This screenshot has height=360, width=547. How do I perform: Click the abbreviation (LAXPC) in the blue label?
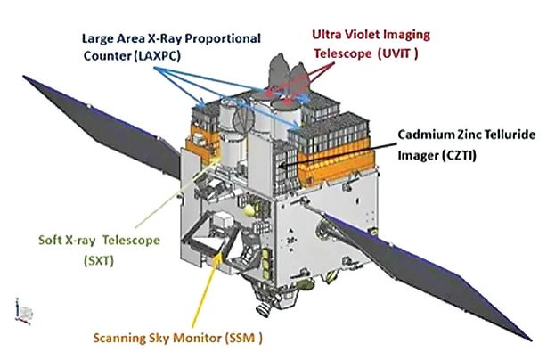point(157,56)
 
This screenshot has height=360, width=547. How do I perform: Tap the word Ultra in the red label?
point(326,35)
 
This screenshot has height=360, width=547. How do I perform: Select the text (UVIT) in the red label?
point(397,53)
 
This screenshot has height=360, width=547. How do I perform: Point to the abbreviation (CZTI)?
point(459,155)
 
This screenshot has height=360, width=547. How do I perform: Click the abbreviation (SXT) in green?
point(99,260)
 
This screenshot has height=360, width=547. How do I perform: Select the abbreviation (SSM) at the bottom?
point(244,338)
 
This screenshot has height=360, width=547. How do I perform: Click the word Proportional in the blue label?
point(222,38)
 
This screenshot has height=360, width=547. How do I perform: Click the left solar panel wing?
point(102,127)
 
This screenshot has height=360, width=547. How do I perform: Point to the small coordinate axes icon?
point(24,312)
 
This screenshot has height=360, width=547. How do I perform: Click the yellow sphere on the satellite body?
point(249,210)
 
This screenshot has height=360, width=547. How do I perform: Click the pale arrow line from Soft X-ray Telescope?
point(178,192)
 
